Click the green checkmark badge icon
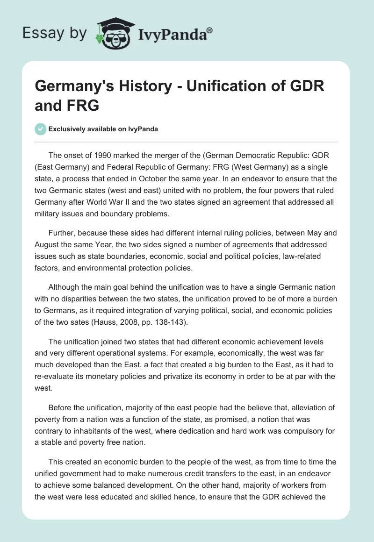[x=41, y=129]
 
